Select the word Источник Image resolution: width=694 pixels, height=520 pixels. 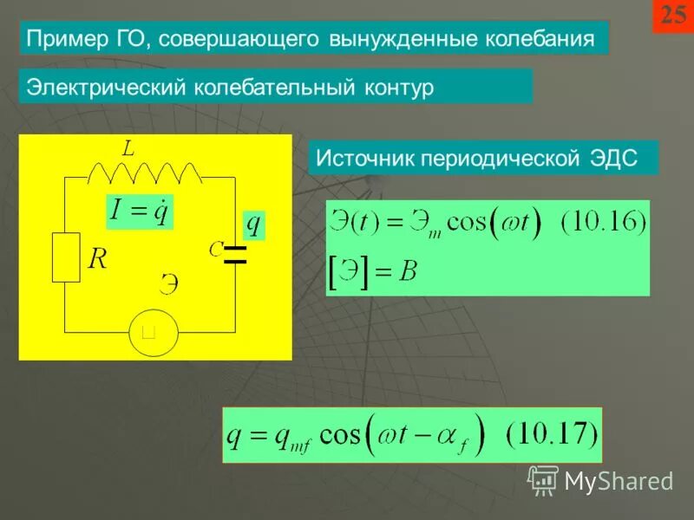[x=364, y=159]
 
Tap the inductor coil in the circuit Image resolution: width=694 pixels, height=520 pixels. [x=145, y=173]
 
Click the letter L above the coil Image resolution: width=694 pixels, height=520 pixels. [x=128, y=149]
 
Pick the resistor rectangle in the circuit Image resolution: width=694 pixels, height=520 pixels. [x=66, y=257]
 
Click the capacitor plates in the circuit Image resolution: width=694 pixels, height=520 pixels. [x=235, y=253]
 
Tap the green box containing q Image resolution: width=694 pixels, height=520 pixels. [x=252, y=224]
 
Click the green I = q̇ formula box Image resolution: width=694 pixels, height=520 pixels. [x=139, y=210]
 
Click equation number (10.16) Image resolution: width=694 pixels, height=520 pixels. [x=603, y=224]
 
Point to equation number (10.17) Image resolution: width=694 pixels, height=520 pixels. [x=552, y=433]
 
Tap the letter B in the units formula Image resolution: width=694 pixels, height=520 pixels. [x=408, y=272]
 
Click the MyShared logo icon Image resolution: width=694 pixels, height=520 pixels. [x=543, y=479]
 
